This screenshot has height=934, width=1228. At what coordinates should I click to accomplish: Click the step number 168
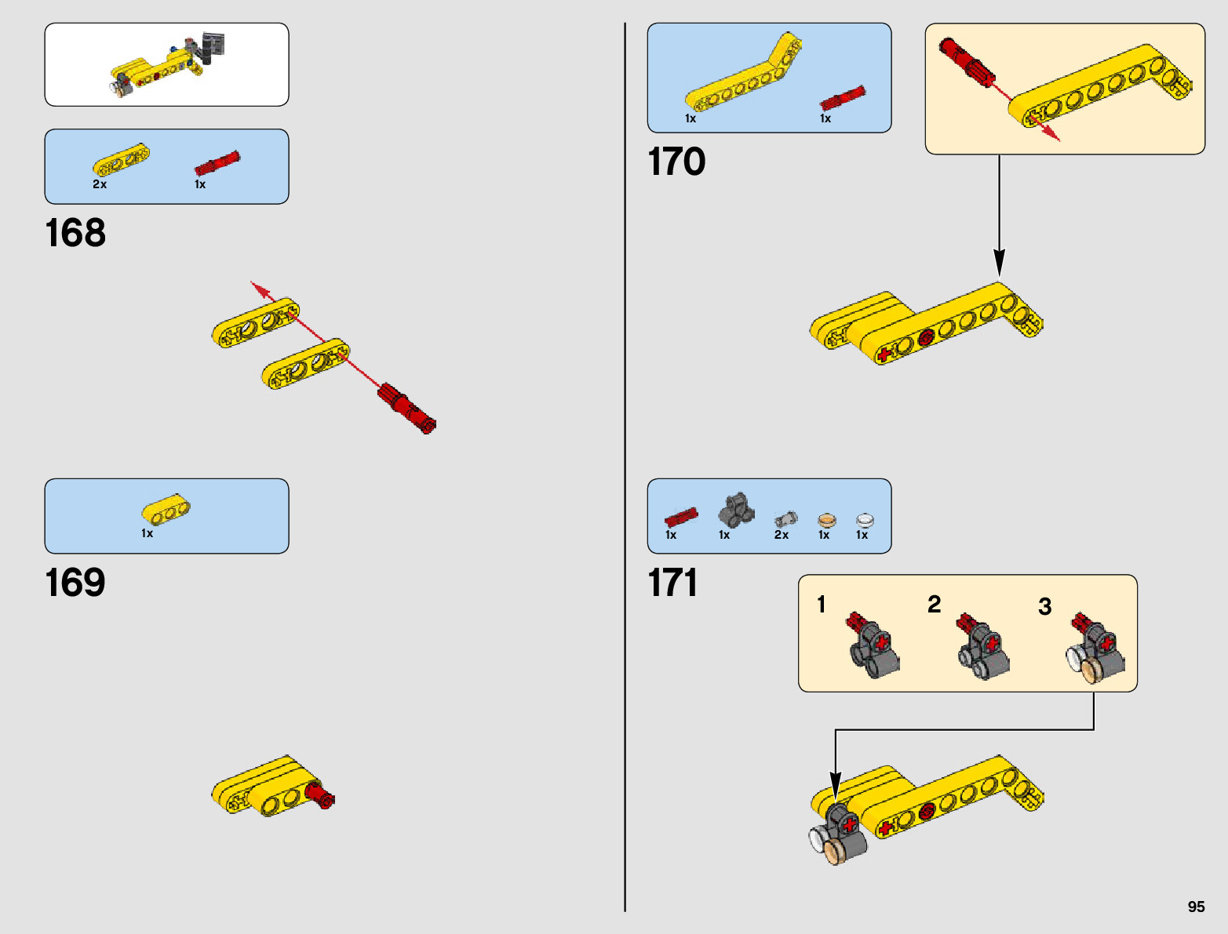tap(75, 233)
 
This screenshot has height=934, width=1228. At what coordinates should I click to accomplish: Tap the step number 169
tap(75, 583)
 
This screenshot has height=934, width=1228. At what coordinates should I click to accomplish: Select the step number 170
tap(676, 162)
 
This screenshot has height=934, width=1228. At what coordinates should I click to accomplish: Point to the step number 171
tap(672, 583)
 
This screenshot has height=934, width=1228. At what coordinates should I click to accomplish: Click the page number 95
tap(1196, 907)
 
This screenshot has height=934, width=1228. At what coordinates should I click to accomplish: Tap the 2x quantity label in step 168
tap(100, 184)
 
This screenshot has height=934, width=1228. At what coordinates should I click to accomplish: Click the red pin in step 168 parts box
tap(217, 164)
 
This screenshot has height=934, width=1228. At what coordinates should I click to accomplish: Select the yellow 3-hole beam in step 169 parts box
tap(166, 510)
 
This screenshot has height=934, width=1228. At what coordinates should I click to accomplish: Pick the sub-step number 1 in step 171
tap(821, 604)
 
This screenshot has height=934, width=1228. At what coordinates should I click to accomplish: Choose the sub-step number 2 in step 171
tap(934, 604)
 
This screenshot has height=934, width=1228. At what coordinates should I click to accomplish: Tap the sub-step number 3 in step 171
tap(1044, 606)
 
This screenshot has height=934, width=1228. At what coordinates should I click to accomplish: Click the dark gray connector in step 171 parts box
tap(736, 511)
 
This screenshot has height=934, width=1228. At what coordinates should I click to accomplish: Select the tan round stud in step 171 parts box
tap(826, 520)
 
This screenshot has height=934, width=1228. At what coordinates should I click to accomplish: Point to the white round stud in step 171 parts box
tap(864, 520)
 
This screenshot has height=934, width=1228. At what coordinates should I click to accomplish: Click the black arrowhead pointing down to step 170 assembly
tap(999, 262)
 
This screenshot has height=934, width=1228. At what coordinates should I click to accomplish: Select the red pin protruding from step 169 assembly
tap(321, 796)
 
